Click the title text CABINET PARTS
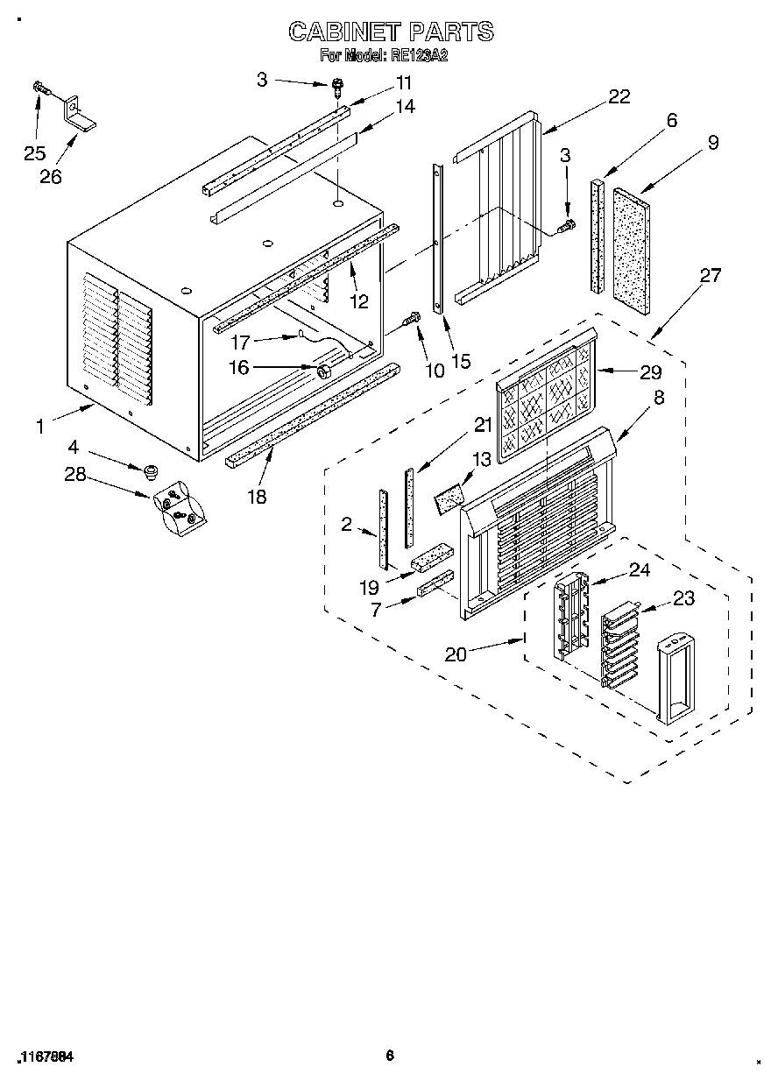point(391,32)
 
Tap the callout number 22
point(619,97)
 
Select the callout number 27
point(710,276)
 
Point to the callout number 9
point(713,143)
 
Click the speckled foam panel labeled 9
point(631,253)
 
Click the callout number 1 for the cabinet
point(39,427)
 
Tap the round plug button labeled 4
point(150,473)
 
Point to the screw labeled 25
point(39,87)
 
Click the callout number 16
point(239,369)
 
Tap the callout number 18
point(257,497)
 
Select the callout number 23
point(683,599)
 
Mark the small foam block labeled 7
point(435,583)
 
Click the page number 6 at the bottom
point(390,1056)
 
